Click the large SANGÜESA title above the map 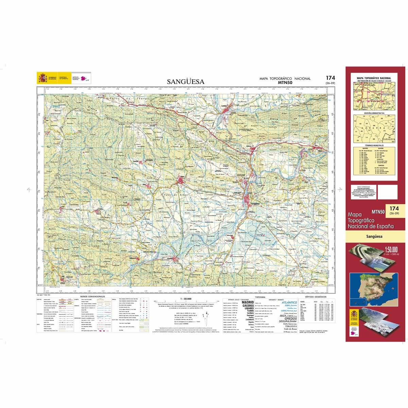point(185,82)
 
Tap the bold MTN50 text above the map point(285,82)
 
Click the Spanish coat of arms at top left point(42,78)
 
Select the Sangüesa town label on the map point(255,204)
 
